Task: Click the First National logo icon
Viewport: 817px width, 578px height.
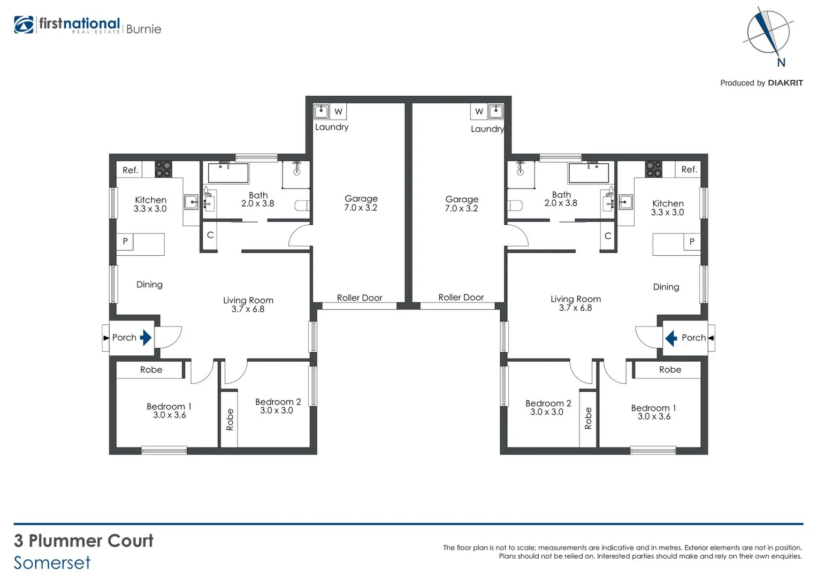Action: pyautogui.click(x=24, y=25)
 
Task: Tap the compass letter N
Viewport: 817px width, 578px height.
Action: pyautogui.click(x=781, y=63)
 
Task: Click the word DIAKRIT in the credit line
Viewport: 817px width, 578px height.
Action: pyautogui.click(x=785, y=83)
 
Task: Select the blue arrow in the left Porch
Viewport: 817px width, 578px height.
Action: pyautogui.click(x=146, y=338)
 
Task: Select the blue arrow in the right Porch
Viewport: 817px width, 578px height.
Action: pyautogui.click(x=671, y=338)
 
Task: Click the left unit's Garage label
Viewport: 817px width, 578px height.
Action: pyautogui.click(x=361, y=199)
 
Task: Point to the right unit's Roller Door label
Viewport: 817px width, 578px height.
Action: pyautogui.click(x=461, y=298)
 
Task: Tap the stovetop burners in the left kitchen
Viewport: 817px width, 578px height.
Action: pyautogui.click(x=163, y=170)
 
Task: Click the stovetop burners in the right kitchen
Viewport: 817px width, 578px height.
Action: pyautogui.click(x=653, y=170)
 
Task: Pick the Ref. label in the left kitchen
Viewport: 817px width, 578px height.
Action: pyautogui.click(x=131, y=170)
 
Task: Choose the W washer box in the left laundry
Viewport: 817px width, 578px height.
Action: pyautogui.click(x=338, y=112)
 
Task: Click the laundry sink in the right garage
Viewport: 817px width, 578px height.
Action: pyautogui.click(x=496, y=111)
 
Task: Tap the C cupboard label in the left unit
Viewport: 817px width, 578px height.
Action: pyautogui.click(x=210, y=235)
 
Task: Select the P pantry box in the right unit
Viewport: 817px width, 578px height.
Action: pyautogui.click(x=692, y=242)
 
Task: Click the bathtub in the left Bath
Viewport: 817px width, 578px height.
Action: pyautogui.click(x=228, y=173)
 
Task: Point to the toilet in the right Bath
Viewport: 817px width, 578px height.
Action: pyautogui.click(x=515, y=206)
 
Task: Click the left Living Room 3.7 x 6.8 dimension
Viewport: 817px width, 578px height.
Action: pyautogui.click(x=248, y=309)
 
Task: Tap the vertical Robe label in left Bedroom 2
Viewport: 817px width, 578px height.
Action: pyautogui.click(x=230, y=419)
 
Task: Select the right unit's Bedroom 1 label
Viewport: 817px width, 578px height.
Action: pyautogui.click(x=653, y=408)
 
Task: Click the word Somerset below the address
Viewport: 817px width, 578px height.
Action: pyautogui.click(x=52, y=563)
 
